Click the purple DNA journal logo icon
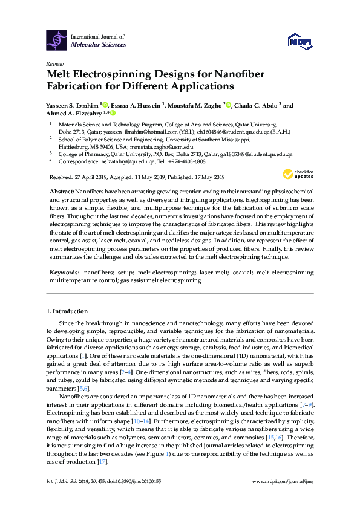(57, 41)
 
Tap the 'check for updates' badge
(298, 174)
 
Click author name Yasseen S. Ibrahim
(73, 105)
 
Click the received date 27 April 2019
(93, 177)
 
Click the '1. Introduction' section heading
(67, 311)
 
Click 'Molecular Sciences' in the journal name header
(99, 44)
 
